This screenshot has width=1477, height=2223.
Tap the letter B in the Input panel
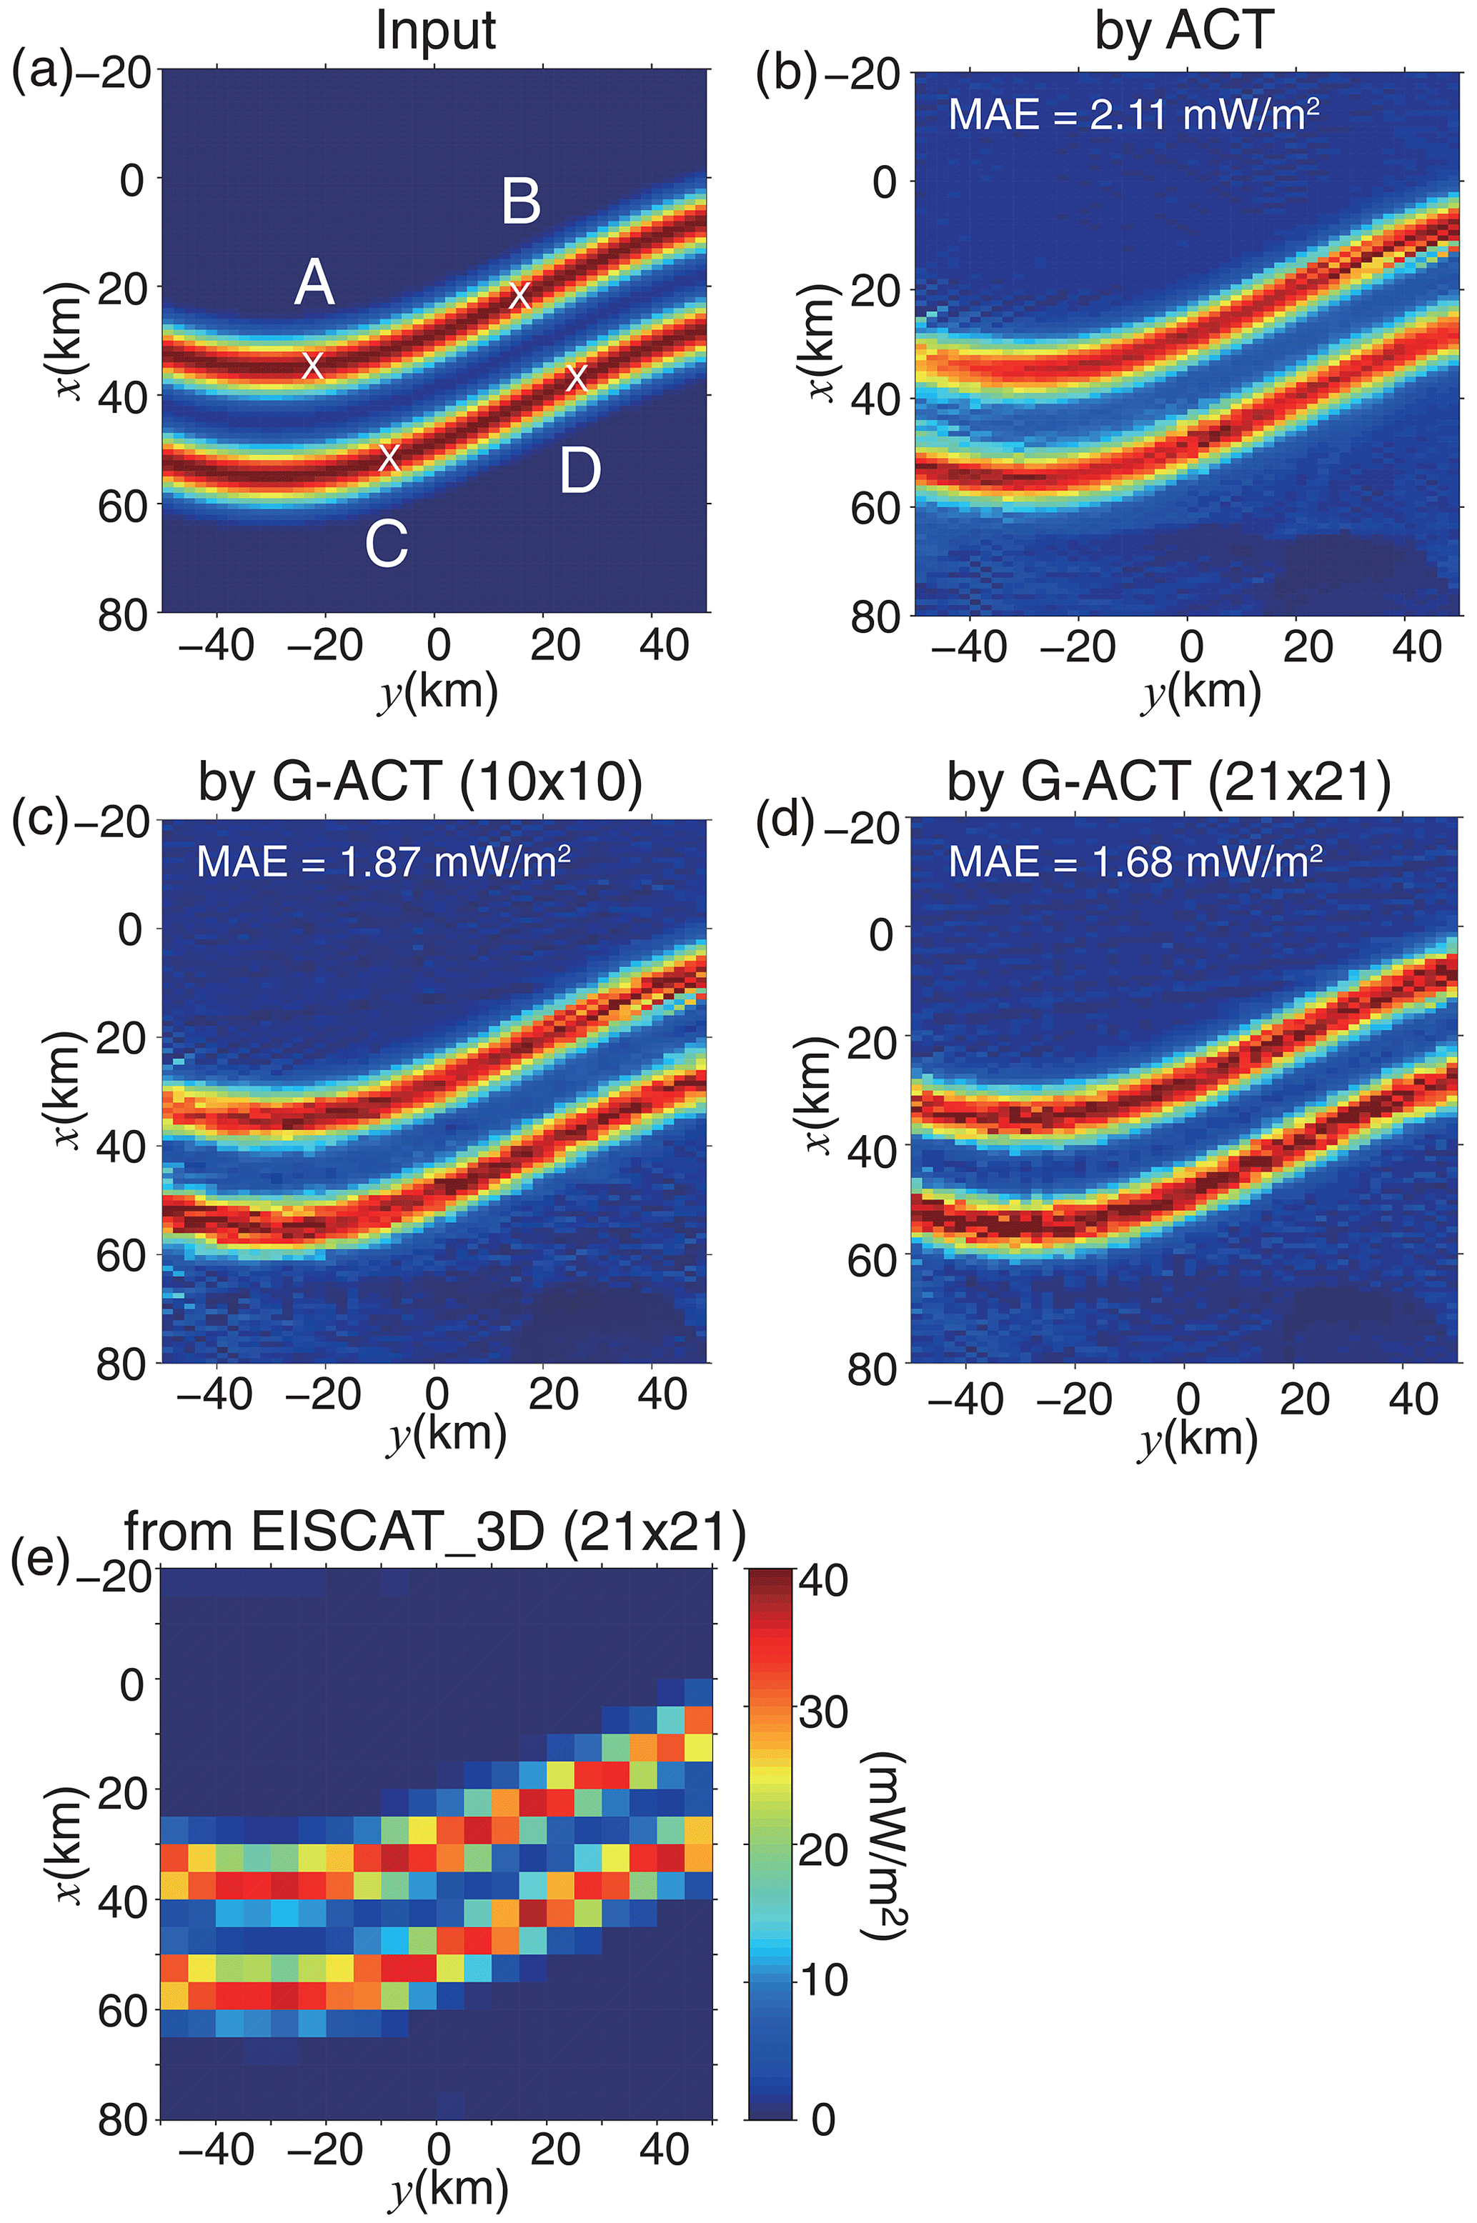[521, 201]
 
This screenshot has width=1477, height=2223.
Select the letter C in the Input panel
[386, 544]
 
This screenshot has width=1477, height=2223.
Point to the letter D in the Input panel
[580, 471]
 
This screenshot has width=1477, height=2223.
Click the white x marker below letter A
[313, 364]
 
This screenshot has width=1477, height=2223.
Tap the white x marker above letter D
[577, 378]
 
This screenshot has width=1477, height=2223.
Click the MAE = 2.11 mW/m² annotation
[1133, 115]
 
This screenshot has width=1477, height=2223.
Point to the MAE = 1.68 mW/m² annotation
[1135, 861]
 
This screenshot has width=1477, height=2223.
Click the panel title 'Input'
[435, 30]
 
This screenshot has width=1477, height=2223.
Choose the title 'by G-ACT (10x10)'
[420, 781]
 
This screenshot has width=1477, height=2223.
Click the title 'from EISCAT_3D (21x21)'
[435, 1532]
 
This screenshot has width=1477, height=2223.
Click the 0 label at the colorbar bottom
[822, 2119]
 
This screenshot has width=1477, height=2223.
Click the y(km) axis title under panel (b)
[1202, 693]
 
